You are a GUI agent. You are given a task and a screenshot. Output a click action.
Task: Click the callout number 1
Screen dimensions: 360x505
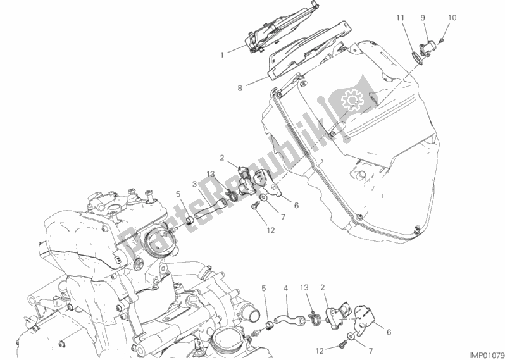[x=222, y=56]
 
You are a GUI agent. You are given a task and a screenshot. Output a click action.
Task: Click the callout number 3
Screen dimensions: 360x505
[x=194, y=184]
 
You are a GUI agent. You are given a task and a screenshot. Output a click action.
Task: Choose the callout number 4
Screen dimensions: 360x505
[x=285, y=289]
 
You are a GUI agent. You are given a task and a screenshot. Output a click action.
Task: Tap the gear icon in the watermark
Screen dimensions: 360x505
[x=350, y=100]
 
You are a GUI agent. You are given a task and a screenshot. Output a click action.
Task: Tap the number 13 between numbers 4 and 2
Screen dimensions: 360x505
[x=304, y=289]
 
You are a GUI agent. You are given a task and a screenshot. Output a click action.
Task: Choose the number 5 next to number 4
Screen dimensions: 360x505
[x=264, y=289]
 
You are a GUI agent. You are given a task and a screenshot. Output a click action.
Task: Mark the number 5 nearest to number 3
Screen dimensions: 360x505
[x=178, y=194]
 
